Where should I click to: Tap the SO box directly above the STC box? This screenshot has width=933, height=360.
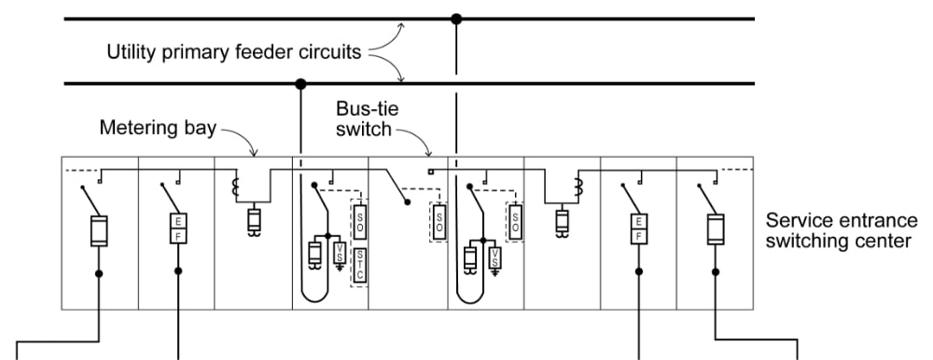coord(360,220)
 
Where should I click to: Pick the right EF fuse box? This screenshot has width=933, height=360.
coord(638,228)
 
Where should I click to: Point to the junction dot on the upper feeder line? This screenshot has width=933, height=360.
coord(455,18)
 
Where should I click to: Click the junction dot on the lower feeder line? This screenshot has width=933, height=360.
coord(300,84)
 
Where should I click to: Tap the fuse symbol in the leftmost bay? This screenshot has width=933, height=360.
coord(100,230)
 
